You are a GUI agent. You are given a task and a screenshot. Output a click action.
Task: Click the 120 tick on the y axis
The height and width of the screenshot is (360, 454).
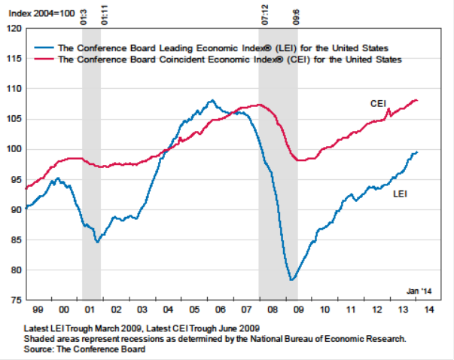tap(13, 29)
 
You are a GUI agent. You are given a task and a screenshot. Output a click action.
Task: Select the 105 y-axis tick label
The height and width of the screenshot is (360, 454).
tap(13, 119)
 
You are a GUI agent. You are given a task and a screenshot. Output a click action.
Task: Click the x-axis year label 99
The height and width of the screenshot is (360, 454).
tap(38, 309)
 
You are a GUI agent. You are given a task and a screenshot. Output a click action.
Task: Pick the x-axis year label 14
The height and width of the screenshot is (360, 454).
tap(429, 309)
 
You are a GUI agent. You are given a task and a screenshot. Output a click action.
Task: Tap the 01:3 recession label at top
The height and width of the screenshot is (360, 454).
tap(83, 14)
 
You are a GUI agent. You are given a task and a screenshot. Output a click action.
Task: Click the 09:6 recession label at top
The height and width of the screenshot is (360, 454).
tap(295, 14)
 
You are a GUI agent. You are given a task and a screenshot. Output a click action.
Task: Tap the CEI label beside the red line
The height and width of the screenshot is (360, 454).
tap(379, 102)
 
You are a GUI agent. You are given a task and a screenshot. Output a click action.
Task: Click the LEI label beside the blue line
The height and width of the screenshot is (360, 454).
tap(401, 194)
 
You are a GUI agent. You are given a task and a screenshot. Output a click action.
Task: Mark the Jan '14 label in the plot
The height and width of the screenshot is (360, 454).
tap(419, 291)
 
